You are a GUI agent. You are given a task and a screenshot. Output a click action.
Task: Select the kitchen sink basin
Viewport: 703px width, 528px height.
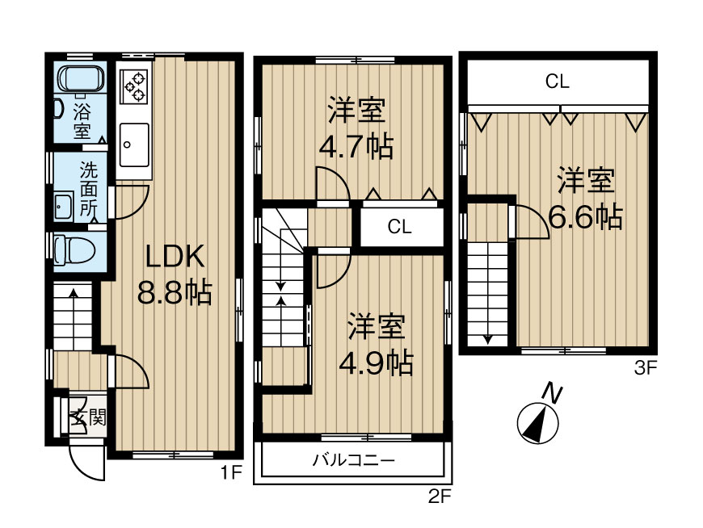(x=133, y=142)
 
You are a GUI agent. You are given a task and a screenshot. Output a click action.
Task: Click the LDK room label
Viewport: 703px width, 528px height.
(x=172, y=257)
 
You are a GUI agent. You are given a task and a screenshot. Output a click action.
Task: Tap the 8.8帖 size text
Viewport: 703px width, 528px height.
(x=174, y=292)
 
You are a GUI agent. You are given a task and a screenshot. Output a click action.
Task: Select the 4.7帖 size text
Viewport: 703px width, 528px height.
(x=356, y=146)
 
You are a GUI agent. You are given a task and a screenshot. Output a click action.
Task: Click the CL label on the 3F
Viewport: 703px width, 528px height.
(x=558, y=81)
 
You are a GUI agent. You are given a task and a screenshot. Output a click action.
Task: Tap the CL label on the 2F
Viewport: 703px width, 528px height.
(x=400, y=227)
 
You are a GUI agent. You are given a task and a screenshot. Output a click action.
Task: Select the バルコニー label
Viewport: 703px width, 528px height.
(x=353, y=462)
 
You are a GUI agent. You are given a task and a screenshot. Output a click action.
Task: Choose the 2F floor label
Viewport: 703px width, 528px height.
(x=439, y=497)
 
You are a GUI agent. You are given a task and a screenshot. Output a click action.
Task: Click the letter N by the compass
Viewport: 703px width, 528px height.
(x=552, y=394)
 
